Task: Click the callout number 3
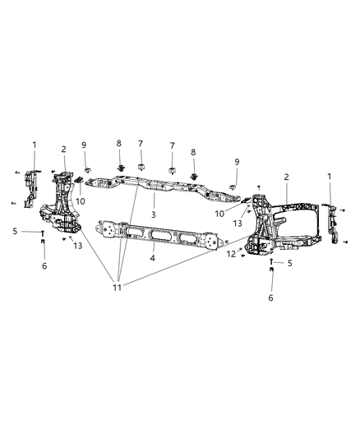click(x=153, y=215)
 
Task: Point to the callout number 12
click(x=232, y=255)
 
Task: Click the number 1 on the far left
click(x=35, y=145)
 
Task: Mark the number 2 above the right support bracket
click(x=286, y=177)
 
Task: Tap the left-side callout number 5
click(x=16, y=232)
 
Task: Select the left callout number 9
click(x=84, y=145)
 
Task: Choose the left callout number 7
click(x=141, y=145)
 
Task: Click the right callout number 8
click(x=194, y=152)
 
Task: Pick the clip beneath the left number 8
click(x=120, y=170)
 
